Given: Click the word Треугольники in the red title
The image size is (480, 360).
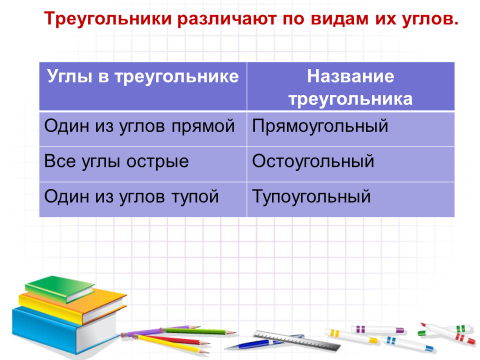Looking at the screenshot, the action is [108, 19].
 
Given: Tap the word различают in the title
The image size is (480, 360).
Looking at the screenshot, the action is [227, 20].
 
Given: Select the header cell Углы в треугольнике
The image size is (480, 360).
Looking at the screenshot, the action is [143, 86].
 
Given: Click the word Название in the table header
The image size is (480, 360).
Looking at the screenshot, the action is [350, 76].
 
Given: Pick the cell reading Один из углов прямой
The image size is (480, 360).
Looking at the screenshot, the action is [143, 129].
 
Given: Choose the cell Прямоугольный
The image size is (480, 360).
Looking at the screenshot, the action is [351, 129].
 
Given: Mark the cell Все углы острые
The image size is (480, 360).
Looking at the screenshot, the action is [143, 164].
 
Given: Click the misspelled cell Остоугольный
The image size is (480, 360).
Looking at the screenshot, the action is [351, 164].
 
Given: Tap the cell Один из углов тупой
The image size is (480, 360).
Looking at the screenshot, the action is [143, 199].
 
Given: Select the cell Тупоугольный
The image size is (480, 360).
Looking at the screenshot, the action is [351, 199].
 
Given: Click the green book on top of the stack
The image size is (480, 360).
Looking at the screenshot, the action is [60, 288].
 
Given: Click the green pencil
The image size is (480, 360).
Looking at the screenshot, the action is [199, 331].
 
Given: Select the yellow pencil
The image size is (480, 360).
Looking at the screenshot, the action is [170, 343].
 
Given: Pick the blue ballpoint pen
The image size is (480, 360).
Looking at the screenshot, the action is [263, 342].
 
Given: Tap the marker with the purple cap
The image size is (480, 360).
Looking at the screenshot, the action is [378, 330].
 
